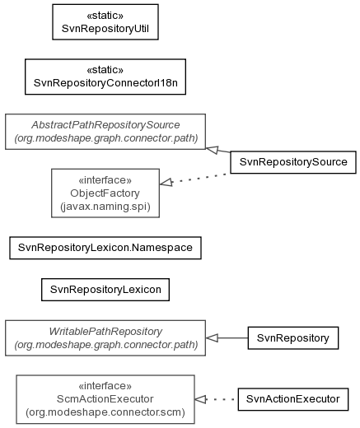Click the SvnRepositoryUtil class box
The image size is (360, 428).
point(105,22)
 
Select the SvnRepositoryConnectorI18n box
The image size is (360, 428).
point(105,77)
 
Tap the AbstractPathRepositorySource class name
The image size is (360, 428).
point(105,125)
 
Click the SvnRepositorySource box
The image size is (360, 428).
point(293,162)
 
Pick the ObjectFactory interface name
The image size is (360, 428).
point(105,193)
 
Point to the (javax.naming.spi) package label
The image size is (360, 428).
point(105,207)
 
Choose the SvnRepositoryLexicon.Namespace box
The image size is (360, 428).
point(105,248)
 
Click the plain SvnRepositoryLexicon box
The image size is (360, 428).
point(105,290)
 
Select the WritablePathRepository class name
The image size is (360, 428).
point(105,332)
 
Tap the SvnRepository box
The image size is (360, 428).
point(293,338)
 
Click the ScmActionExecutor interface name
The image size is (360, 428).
point(105,399)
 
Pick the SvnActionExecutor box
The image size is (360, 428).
point(293,399)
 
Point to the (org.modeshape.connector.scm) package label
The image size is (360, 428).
point(105,412)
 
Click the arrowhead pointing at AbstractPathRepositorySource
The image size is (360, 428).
point(213,150)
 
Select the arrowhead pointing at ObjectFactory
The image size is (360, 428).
point(166,182)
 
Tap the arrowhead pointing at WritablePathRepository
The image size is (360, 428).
point(212,338)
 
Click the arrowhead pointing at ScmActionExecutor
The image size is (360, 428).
point(201,399)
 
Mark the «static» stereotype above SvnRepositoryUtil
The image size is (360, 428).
point(105,16)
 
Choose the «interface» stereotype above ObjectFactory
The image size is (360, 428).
point(105,180)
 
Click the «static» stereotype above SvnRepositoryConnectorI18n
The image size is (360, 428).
point(105,70)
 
